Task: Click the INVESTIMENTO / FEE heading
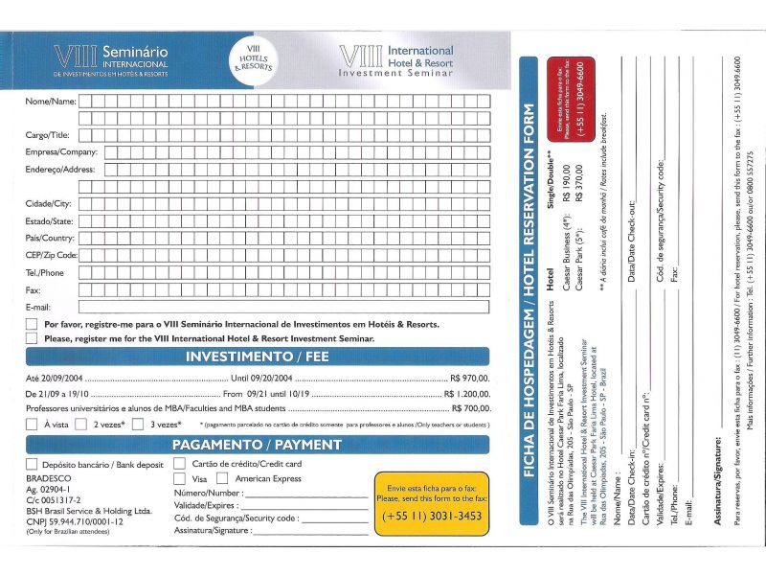point(257,357)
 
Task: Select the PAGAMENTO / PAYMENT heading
point(257,445)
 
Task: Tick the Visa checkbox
point(179,478)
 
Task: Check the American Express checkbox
point(222,478)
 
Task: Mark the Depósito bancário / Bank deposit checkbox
point(32,464)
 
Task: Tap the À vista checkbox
point(32,424)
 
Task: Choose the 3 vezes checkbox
point(141,424)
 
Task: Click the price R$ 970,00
point(469,379)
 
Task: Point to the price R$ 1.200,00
point(466,394)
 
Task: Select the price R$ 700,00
point(469,408)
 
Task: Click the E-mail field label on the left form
point(38,307)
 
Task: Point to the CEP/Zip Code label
point(51,255)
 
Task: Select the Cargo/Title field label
point(47,135)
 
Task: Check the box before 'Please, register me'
point(32,338)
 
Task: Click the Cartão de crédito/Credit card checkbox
point(179,464)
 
